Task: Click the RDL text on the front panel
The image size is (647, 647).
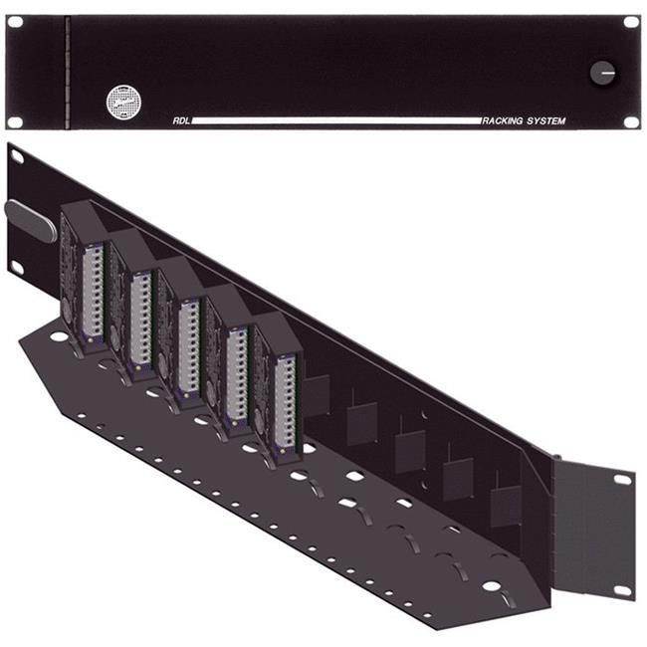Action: pos(179,121)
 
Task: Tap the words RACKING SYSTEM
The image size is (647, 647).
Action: pos(524,121)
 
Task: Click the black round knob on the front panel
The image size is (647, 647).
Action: pos(602,72)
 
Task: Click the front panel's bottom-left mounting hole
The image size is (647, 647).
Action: pos(15,121)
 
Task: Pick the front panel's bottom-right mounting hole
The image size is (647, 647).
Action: pos(631,121)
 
